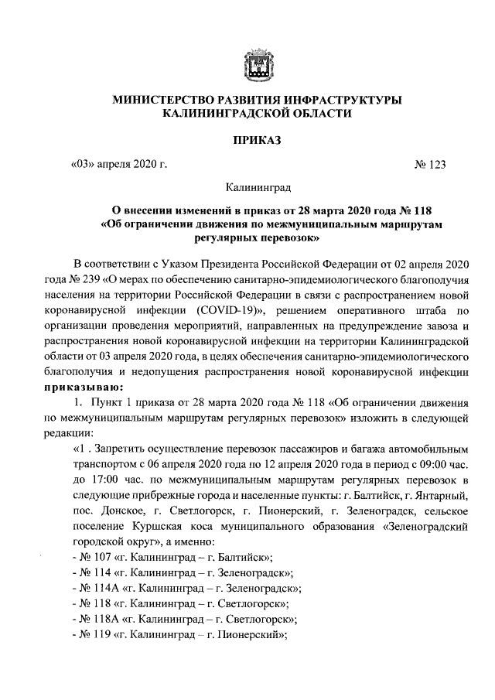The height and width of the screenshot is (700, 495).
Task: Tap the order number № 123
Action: tap(431, 163)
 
